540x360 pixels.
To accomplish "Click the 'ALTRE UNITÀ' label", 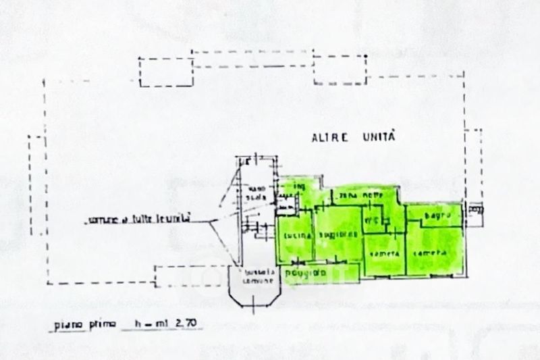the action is click(x=352, y=137).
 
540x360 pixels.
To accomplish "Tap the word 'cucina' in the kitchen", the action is click(x=298, y=235).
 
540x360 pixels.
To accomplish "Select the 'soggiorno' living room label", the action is click(x=337, y=234).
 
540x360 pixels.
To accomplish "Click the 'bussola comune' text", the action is click(x=259, y=276).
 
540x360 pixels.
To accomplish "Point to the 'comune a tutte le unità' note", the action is click(x=140, y=220).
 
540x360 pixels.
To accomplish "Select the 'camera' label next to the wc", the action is click(x=383, y=253).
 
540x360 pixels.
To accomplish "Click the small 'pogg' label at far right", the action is click(x=476, y=209).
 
